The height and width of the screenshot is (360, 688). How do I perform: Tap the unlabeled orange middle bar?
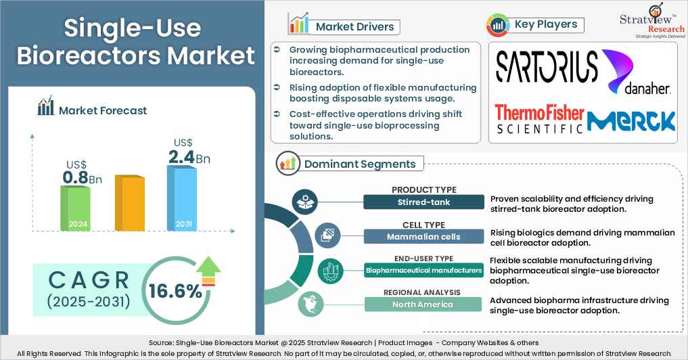click(x=129, y=203)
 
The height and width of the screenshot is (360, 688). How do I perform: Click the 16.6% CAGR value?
click(x=176, y=292)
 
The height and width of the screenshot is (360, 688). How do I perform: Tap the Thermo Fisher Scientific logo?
click(x=538, y=118)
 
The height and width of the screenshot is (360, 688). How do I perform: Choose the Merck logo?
click(x=631, y=120)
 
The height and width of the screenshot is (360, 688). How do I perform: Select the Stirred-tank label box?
click(x=423, y=202)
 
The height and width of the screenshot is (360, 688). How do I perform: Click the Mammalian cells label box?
click(x=423, y=236)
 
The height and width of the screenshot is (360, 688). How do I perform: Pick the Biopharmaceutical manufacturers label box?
click(x=423, y=271)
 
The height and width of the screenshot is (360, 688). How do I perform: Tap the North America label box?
click(x=423, y=305)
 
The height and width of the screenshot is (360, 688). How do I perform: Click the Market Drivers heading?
click(x=354, y=27)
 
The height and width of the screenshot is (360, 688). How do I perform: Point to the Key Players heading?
click(x=545, y=25)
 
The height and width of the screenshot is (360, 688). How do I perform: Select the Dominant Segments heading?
click(x=359, y=164)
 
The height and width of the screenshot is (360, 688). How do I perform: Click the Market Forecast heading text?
click(x=103, y=110)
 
